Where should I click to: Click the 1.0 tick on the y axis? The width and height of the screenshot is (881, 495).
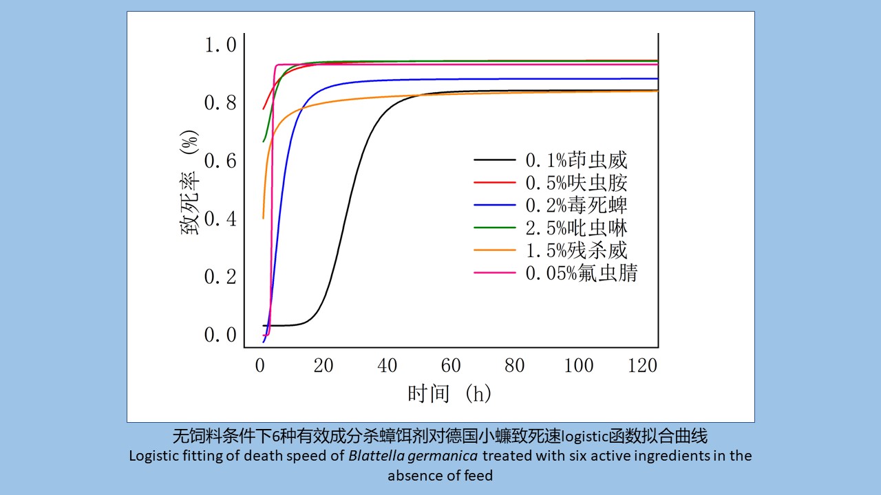[x=220, y=45]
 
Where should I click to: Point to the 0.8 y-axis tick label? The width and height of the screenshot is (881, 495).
[x=220, y=103]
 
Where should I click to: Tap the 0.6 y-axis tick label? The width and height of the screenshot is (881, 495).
[x=220, y=161]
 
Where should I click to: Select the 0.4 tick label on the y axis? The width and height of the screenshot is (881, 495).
[x=220, y=219]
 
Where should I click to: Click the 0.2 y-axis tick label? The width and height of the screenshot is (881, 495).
[x=220, y=276]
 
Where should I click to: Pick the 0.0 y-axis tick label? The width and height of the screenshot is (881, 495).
[x=220, y=335]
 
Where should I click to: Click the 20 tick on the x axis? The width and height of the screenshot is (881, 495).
[x=323, y=365]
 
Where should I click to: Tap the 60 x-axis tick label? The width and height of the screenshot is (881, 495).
[x=451, y=365]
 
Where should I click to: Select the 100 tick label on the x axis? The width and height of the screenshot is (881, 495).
[x=578, y=365]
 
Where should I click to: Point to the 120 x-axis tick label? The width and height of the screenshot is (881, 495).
[x=642, y=365]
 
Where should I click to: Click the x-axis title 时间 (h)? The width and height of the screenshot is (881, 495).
[x=449, y=394]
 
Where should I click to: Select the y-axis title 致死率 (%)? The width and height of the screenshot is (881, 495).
[x=190, y=183]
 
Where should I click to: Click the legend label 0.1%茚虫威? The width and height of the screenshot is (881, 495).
[x=576, y=161]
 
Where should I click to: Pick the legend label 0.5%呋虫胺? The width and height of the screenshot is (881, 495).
[x=576, y=183]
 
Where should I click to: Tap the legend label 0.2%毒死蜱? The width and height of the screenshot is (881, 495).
[x=576, y=206]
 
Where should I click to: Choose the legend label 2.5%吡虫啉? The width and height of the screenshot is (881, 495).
[x=576, y=228]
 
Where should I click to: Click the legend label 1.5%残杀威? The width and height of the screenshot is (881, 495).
[x=576, y=250]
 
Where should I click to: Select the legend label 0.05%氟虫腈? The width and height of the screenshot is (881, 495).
[x=582, y=273]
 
